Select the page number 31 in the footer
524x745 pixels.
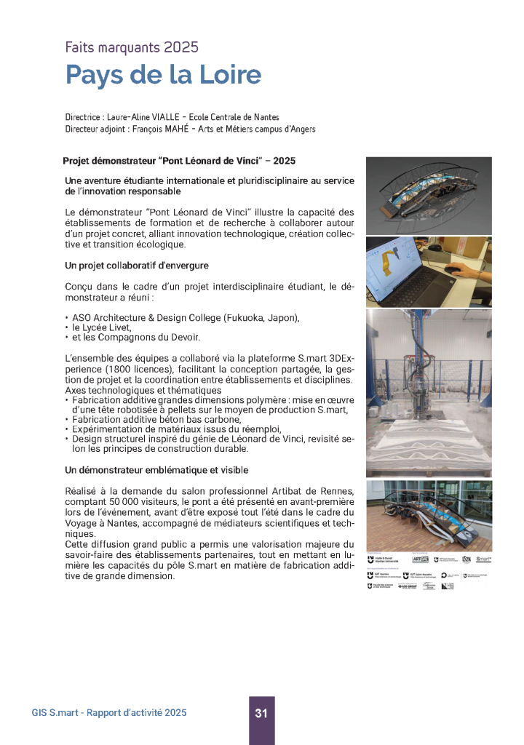point(261,714)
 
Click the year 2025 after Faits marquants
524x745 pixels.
point(180,48)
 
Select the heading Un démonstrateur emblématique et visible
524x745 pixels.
point(156,470)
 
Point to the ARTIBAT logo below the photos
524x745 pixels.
point(421,559)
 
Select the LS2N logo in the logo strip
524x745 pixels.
point(467,559)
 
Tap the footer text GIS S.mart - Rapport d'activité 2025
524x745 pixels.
point(109,713)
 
